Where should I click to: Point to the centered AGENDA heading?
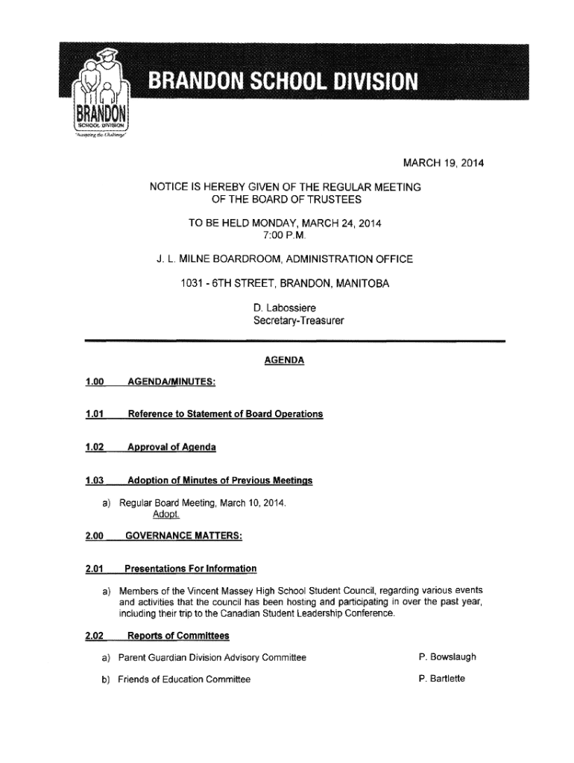click(x=284, y=361)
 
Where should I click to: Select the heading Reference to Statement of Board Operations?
click(x=226, y=414)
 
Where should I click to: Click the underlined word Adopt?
click(x=167, y=516)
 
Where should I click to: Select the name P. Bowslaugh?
click(x=447, y=657)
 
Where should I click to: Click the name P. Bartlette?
click(x=442, y=679)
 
